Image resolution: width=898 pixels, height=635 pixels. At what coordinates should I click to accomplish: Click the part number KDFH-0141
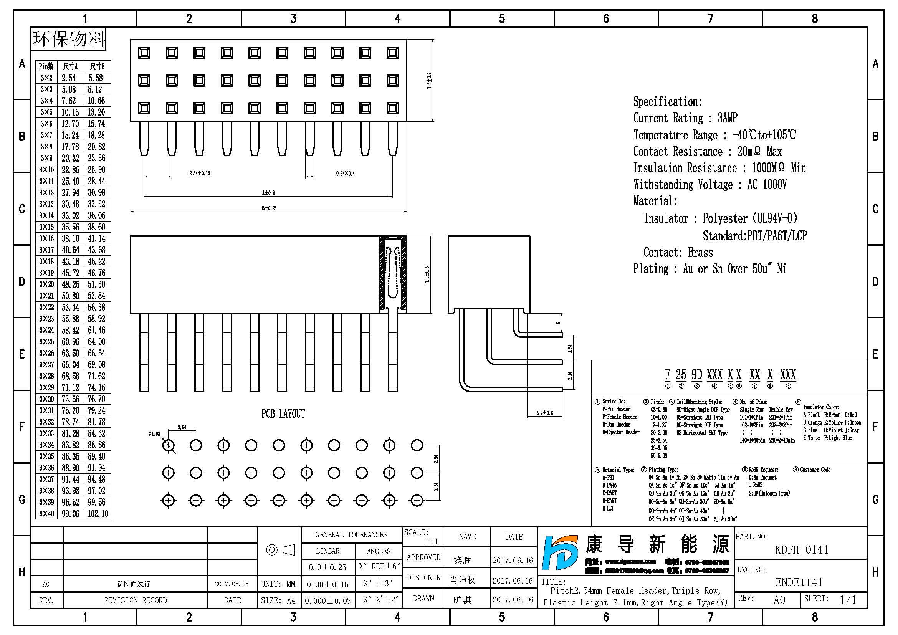coord(801,550)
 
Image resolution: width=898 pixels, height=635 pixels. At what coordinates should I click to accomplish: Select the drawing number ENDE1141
coord(799,582)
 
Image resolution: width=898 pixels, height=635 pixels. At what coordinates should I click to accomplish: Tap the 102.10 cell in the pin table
coord(98,513)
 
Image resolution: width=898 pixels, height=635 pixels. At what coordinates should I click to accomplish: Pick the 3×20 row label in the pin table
coord(46,284)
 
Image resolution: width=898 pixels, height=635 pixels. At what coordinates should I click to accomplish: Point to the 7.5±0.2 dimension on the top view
coord(429,81)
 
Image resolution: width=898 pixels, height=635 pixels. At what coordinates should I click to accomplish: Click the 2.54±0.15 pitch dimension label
coord(200,173)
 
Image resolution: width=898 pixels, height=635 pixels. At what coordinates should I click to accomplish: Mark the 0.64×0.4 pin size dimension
coord(346,174)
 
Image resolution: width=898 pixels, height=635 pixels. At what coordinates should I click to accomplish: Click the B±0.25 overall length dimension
coord(269,208)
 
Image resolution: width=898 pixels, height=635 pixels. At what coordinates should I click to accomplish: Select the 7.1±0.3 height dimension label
coord(427,275)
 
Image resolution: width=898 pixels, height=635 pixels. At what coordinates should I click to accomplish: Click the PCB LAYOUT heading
coord(283,414)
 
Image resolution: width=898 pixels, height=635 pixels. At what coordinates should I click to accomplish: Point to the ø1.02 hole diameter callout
coord(154,433)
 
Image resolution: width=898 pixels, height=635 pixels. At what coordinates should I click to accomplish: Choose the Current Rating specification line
coord(685,118)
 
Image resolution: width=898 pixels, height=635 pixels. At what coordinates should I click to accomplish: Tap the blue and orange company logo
coord(560,552)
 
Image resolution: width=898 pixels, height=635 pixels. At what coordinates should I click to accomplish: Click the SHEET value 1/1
coord(848,600)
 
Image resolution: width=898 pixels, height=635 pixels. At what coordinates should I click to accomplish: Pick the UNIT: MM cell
coord(278,584)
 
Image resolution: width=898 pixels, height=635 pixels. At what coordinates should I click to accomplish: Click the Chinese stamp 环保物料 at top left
coord(68,39)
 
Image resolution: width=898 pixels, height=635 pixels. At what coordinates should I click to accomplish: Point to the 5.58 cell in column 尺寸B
coord(96,78)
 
